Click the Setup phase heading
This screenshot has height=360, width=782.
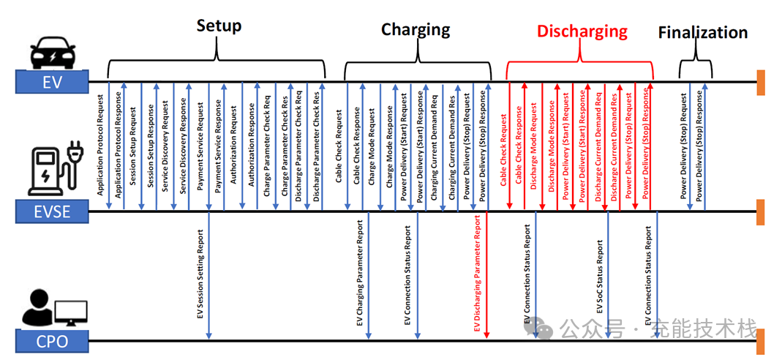coord(219,26)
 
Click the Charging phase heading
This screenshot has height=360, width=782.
coord(416,30)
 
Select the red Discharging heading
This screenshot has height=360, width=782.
coord(582,31)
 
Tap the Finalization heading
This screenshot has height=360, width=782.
coord(702,33)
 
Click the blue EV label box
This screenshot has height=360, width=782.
coord(52,82)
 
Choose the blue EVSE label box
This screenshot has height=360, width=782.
coord(52,213)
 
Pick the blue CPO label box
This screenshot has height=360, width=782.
coord(52,341)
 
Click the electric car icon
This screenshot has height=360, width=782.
coord(53,51)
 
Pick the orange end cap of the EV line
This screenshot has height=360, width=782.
coord(761,81)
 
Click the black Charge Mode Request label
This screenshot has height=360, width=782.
coord(372,150)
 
